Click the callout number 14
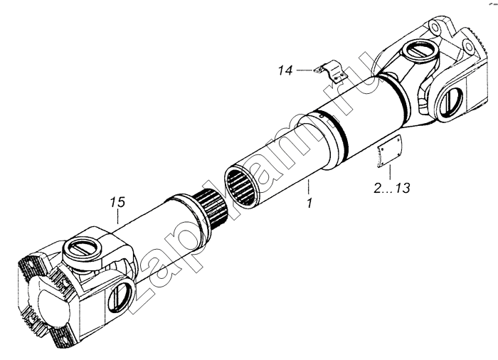(x=285, y=70)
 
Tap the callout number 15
(x=118, y=202)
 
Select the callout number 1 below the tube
(x=309, y=203)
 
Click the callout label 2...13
(x=391, y=188)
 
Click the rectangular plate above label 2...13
(x=388, y=150)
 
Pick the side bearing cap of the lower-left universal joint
(x=120, y=295)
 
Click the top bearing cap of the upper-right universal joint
(x=419, y=51)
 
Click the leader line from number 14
(x=305, y=70)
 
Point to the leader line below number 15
(x=118, y=217)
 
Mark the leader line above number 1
(x=308, y=188)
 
